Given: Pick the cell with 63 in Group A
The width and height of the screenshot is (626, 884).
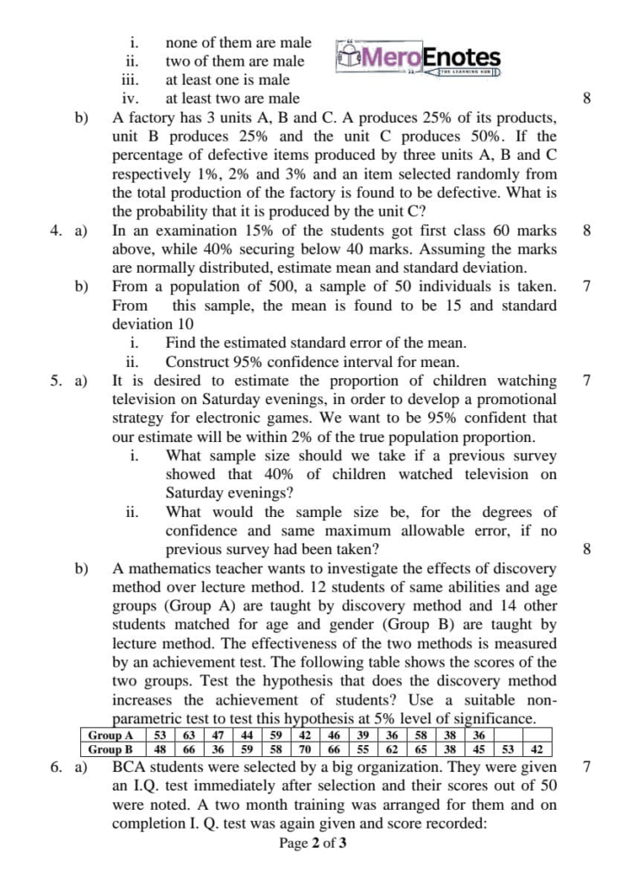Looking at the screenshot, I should (x=189, y=735).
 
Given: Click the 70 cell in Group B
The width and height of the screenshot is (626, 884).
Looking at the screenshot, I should (x=305, y=749).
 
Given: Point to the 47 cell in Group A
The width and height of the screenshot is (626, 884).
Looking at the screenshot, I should (x=218, y=735).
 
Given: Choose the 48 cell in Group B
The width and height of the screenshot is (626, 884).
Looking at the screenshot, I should (x=160, y=749).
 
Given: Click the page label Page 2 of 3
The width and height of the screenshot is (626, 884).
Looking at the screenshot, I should (x=313, y=844).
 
